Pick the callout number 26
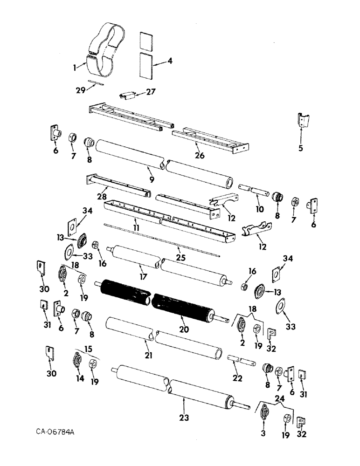pos(200,156)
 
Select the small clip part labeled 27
pos(128,96)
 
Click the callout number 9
pos(151,179)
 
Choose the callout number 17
pos(143,277)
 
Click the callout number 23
pos(185,418)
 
